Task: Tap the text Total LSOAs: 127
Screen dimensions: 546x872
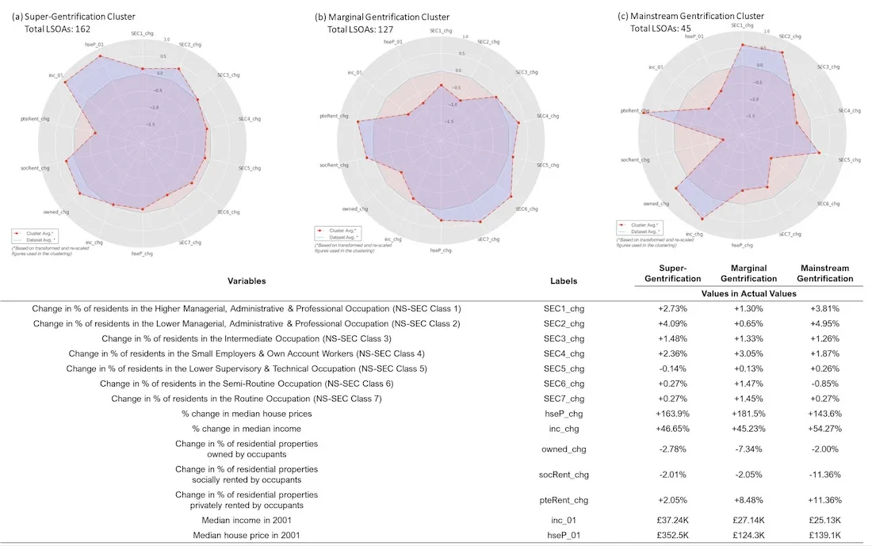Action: tap(360, 29)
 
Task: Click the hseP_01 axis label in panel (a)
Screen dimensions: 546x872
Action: tap(95, 44)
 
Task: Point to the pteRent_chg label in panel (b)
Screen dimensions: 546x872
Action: tap(334, 116)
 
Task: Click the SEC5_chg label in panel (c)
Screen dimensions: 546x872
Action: tap(849, 160)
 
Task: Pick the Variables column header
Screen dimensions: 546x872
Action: tap(247, 281)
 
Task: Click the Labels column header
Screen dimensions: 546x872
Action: tap(564, 281)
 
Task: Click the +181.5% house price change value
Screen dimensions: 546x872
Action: tap(748, 414)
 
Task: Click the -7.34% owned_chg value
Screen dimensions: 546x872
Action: tap(748, 449)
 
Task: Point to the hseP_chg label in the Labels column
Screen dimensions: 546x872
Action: tap(564, 414)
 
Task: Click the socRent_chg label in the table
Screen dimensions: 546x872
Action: tap(564, 475)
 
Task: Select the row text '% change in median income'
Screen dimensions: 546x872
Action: tap(247, 429)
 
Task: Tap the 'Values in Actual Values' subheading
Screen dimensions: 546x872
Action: tap(748, 292)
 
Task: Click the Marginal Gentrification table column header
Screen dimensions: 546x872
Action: tap(748, 273)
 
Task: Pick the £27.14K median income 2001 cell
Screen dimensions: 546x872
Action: tap(748, 521)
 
